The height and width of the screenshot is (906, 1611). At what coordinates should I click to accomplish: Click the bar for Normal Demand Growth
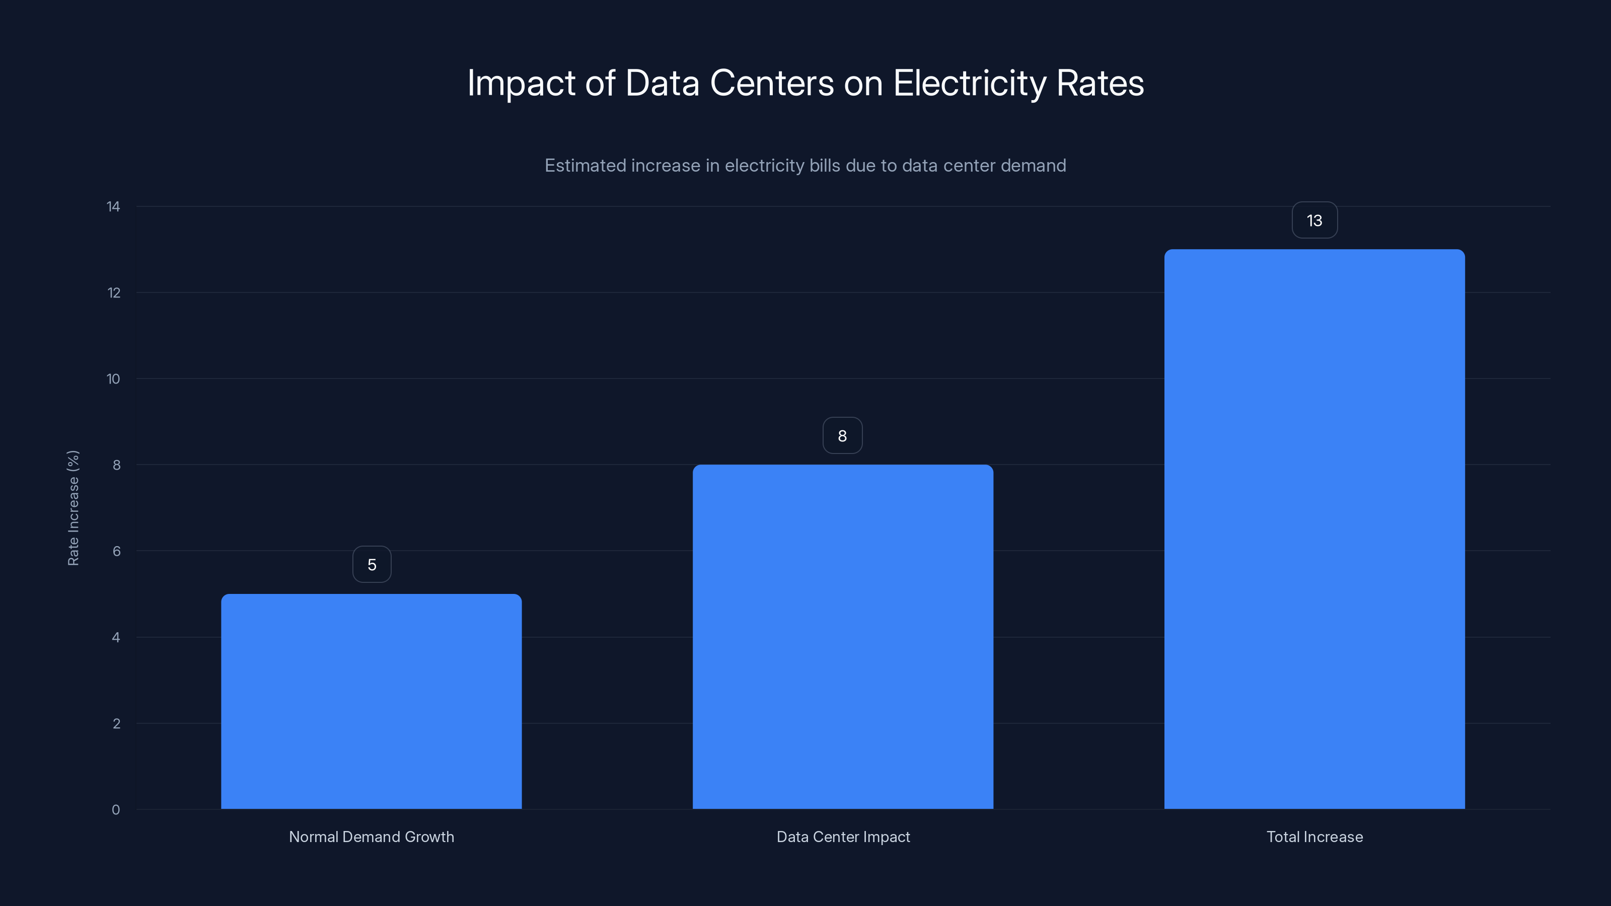pos(372,701)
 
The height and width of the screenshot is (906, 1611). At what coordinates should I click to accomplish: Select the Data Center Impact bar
pos(842,637)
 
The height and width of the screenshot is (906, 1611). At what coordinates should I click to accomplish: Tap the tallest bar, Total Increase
pos(1314,529)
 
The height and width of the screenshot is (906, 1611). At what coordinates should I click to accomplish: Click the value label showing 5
pos(372,565)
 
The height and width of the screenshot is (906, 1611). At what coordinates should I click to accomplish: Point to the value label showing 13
pos(1314,220)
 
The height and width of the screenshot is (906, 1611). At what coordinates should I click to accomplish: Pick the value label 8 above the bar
pos(842,436)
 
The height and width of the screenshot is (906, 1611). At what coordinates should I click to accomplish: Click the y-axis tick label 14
pos(113,207)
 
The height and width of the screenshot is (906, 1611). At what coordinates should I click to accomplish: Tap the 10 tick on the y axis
pos(113,379)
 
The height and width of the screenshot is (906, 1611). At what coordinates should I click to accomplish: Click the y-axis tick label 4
pos(116,638)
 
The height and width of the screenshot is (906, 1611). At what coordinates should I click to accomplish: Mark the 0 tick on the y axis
pos(116,810)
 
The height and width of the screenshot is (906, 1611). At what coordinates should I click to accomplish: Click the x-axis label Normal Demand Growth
pos(372,837)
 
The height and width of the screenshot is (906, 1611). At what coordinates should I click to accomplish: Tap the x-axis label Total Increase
pos(1314,837)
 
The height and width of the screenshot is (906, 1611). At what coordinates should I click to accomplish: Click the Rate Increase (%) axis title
pos(73,508)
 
